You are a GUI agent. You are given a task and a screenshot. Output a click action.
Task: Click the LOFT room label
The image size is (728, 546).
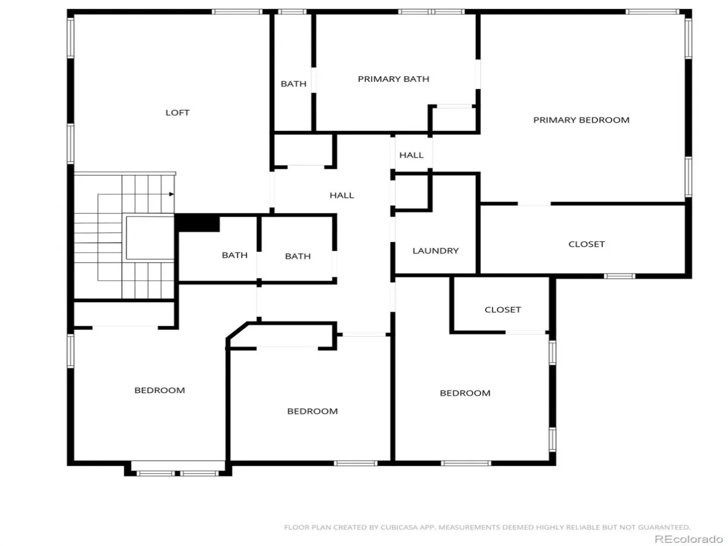click(x=177, y=113)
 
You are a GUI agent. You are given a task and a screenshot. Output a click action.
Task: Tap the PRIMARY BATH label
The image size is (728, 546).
click(x=393, y=79)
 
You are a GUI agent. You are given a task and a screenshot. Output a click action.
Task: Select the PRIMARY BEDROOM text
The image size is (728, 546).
click(x=581, y=120)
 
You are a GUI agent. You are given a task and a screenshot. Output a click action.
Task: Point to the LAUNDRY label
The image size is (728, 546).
click(x=435, y=251)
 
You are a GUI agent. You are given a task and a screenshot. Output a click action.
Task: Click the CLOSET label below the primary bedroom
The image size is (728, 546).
click(x=587, y=244)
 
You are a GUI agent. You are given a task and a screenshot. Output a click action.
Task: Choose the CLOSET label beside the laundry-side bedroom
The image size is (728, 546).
click(x=502, y=310)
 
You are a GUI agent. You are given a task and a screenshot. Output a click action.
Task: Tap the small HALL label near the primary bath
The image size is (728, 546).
click(x=411, y=155)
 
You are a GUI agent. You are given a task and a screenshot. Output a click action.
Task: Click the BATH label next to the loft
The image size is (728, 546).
click(x=293, y=84)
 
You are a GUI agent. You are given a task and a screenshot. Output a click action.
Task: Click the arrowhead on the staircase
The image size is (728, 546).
click(x=171, y=194)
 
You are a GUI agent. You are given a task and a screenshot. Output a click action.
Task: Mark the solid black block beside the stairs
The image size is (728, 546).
click(x=198, y=224)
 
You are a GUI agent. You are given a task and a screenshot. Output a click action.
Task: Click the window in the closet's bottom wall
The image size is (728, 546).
click(x=619, y=276)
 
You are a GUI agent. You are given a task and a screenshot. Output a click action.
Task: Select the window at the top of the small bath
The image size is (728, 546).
click(x=292, y=12)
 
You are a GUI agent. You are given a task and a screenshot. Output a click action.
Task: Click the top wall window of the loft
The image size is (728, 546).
click(x=237, y=12)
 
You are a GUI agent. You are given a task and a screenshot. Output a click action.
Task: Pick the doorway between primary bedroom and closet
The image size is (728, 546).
click(x=534, y=204)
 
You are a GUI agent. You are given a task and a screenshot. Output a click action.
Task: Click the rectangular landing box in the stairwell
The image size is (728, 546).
click(x=150, y=238)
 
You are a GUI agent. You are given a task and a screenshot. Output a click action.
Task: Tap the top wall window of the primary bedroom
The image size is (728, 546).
click(x=652, y=12)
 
